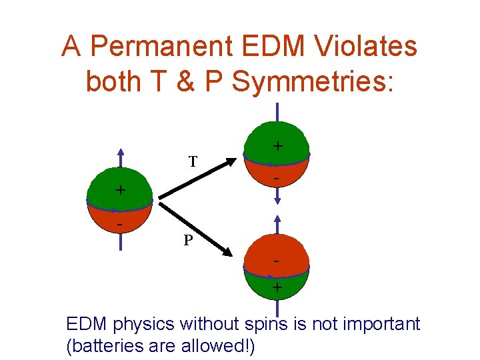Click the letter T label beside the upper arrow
[x=192, y=161]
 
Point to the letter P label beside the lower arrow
[x=189, y=239]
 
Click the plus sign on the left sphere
[x=121, y=190]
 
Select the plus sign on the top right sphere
[x=277, y=145]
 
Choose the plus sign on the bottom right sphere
[x=277, y=289]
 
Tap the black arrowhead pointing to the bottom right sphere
[x=228, y=252]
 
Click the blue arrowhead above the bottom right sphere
[x=277, y=218]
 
